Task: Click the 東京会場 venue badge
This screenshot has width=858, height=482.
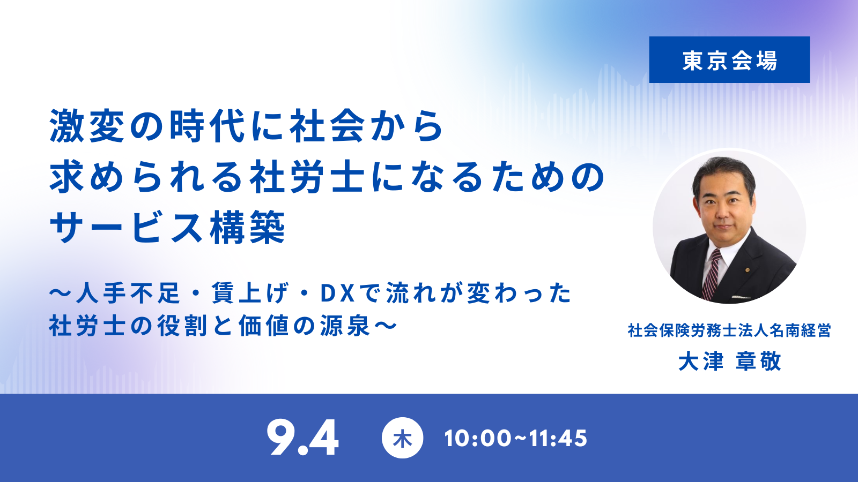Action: point(729,59)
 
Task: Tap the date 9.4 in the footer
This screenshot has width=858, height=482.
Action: point(302,437)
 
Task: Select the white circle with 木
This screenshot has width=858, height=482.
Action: point(402,438)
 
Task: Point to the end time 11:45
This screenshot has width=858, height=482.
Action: point(558,439)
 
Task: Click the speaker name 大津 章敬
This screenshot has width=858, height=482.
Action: point(729,361)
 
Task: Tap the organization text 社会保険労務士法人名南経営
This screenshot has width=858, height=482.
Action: point(729,330)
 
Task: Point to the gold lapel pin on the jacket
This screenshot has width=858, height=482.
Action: point(748,270)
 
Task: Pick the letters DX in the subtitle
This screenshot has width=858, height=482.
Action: point(337,293)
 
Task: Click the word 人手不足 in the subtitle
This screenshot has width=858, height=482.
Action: point(128,293)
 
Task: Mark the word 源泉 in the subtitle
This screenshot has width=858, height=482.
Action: point(345,326)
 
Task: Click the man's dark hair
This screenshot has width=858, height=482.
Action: point(724,174)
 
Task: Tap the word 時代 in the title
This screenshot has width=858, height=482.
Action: point(207,126)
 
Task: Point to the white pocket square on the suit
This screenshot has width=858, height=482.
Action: point(740,297)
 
